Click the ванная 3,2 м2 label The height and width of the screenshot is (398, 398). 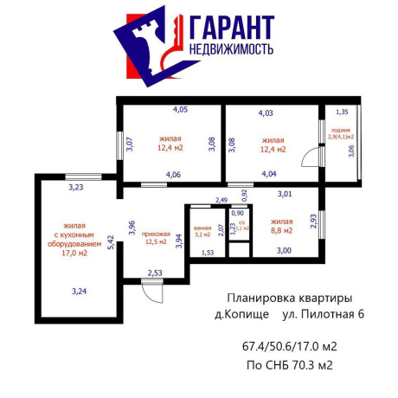pos(202,230)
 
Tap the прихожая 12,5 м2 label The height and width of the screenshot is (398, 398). pos(157,236)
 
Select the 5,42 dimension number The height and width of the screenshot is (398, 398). pos(110,242)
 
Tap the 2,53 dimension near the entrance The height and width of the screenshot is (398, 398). pos(155,273)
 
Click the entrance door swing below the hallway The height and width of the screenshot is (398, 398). pos(153,292)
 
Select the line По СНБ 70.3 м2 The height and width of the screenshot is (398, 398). pos(289,364)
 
